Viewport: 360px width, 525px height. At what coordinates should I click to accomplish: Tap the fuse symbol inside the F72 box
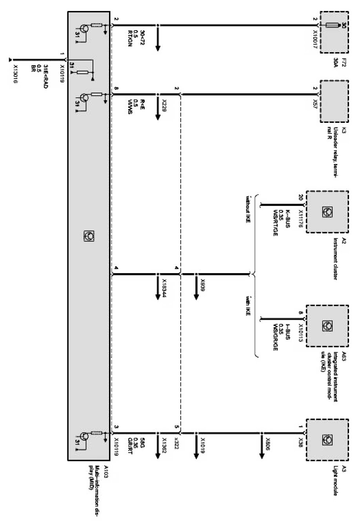click(332, 26)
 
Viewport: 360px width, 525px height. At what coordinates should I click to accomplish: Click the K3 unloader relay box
click(334, 95)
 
